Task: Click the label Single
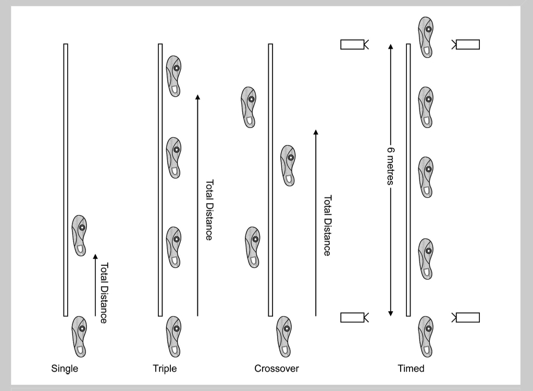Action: [65, 369]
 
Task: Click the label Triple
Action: [165, 369]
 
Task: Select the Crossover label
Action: [277, 369]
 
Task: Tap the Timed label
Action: [411, 369]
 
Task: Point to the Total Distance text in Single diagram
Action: [103, 293]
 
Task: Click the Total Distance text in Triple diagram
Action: [209, 210]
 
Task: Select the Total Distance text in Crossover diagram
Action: [327, 226]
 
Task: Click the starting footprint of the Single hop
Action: [79, 336]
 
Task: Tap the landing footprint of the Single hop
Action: [79, 235]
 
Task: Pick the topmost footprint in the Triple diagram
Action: [173, 76]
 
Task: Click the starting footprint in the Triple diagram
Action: [173, 336]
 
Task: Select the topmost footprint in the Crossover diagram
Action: [249, 107]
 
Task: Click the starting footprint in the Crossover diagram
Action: [283, 336]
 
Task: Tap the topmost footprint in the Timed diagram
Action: [426, 37]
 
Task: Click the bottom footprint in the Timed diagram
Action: [426, 336]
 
